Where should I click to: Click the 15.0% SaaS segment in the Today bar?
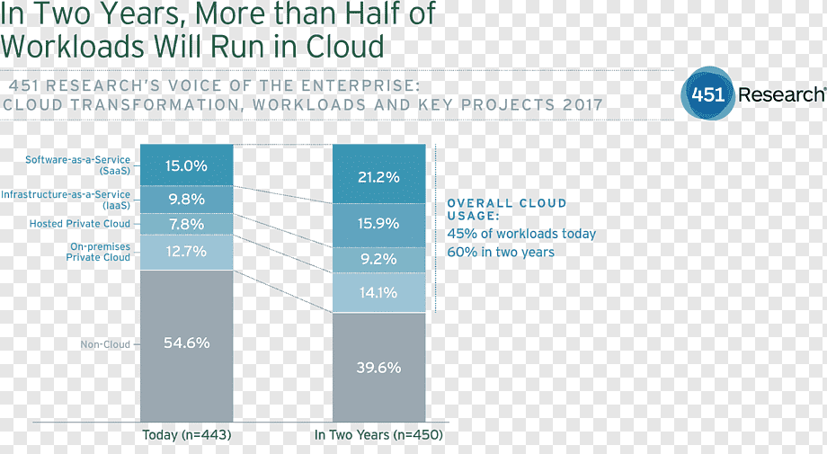[x=187, y=165]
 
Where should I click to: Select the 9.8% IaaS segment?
[x=187, y=200]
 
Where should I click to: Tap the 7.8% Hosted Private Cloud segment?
[x=187, y=224]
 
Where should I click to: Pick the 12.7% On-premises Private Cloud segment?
[x=187, y=252]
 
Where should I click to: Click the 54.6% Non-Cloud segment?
[x=187, y=346]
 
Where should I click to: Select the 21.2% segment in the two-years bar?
[x=378, y=174]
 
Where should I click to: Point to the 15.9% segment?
[x=378, y=225]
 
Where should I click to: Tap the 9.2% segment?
[x=378, y=260]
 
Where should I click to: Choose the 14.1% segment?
[x=378, y=293]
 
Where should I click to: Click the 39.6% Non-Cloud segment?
[x=378, y=367]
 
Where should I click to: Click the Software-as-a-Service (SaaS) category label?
[x=78, y=165]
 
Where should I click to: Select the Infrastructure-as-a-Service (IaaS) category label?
[x=66, y=200]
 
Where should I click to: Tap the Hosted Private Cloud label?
[x=80, y=224]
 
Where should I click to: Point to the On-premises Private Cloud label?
[x=98, y=252]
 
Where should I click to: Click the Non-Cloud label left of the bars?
[x=105, y=344]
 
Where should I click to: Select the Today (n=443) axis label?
[x=187, y=435]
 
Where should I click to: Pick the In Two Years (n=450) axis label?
[x=378, y=435]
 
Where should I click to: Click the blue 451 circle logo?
[x=707, y=94]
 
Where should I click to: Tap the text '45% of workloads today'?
[x=521, y=234]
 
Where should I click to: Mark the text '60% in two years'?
[x=501, y=252]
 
